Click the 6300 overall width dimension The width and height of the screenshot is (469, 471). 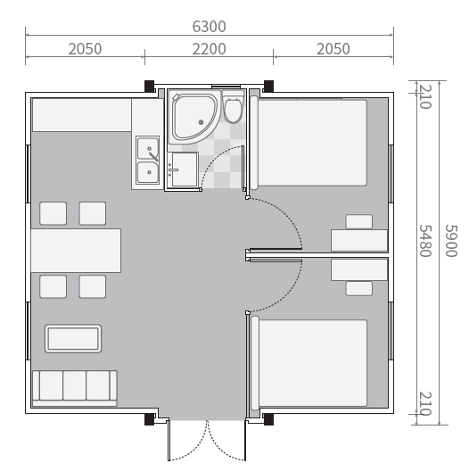click(209, 27)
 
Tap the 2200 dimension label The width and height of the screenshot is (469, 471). click(209, 49)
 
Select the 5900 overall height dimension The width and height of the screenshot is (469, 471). click(451, 241)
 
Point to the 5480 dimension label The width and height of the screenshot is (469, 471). click(425, 241)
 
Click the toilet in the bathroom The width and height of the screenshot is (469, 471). click(234, 108)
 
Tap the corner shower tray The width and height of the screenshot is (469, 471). click(193, 118)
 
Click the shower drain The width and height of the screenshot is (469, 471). click(202, 122)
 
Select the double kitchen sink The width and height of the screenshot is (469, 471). click(147, 160)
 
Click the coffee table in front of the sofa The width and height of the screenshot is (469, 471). click(73, 338)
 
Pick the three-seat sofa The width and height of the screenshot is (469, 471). click(75, 388)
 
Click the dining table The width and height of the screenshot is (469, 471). click(76, 251)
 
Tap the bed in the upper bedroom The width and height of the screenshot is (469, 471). click(309, 143)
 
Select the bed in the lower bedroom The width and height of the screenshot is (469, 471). click(309, 363)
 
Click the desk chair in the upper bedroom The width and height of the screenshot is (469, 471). click(359, 222)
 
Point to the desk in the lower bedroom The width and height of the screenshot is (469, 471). click(359, 269)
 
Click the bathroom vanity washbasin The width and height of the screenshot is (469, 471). click(183, 169)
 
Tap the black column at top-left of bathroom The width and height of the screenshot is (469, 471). click(150, 87)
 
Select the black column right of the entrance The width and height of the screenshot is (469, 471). click(268, 419)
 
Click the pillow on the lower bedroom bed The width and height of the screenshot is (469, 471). click(255, 363)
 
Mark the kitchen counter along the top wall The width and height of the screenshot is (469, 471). click(82, 115)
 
